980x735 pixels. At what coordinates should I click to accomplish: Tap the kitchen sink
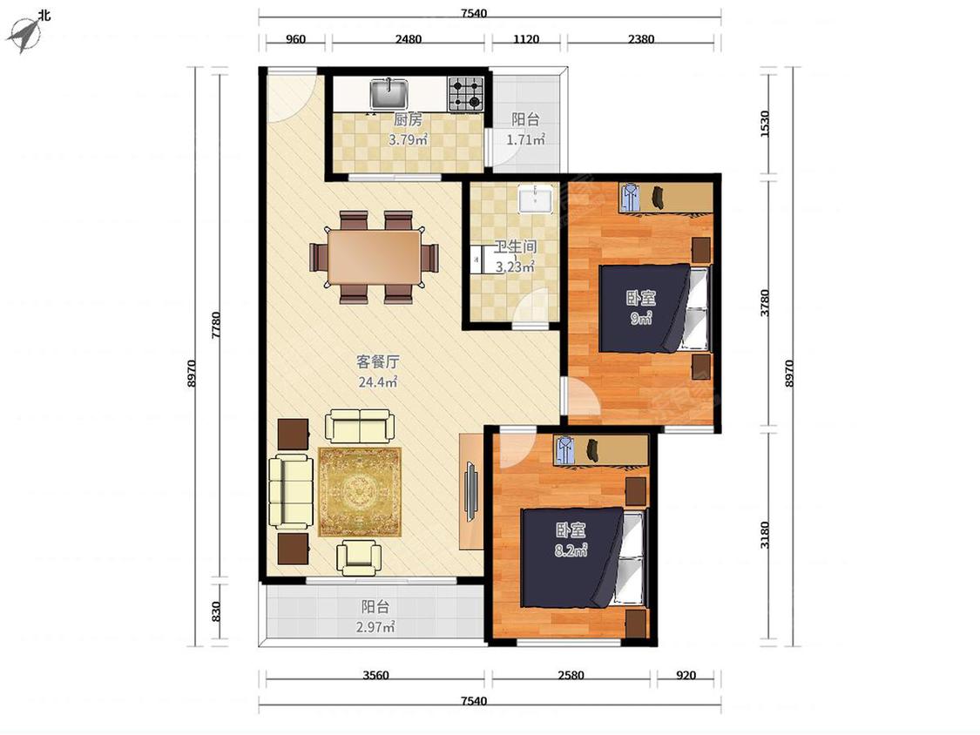tap(389, 94)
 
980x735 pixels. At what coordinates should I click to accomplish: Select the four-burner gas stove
tap(466, 94)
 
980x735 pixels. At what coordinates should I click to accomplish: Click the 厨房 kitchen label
tap(408, 119)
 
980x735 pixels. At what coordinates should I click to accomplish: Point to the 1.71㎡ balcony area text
tap(525, 139)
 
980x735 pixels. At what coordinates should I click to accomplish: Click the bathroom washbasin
tap(536, 199)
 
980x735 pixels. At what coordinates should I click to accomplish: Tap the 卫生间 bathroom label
tap(515, 246)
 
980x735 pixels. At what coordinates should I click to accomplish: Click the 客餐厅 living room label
tap(377, 362)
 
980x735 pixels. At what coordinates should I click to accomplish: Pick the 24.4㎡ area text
tap(377, 382)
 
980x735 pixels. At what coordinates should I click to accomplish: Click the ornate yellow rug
tap(360, 492)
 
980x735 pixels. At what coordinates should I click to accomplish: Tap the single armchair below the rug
tap(359, 557)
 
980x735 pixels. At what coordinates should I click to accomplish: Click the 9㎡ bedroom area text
tap(641, 318)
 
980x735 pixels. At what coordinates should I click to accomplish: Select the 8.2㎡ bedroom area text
tap(571, 550)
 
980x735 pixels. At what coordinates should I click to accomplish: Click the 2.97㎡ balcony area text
tap(375, 627)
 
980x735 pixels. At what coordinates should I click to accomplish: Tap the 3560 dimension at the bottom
tap(375, 675)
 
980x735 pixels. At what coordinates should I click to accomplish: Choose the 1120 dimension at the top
tap(526, 38)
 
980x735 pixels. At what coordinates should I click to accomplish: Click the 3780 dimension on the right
tap(765, 302)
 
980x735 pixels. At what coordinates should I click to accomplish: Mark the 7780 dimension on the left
tap(216, 325)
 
